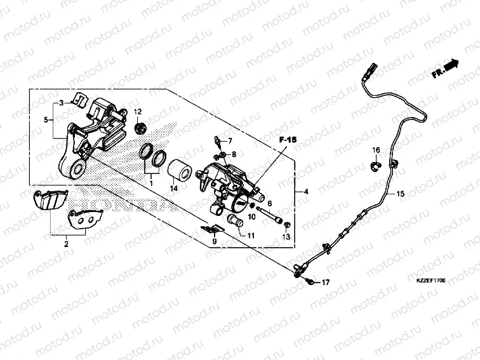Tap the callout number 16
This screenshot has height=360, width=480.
pyautogui.click(x=376, y=150)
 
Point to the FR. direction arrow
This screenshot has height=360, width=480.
pyautogui.click(x=445, y=68)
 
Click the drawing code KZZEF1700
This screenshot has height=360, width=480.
pyautogui.click(x=432, y=279)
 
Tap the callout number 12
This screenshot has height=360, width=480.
pyautogui.click(x=136, y=112)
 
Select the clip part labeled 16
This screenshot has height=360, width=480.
pyautogui.click(x=375, y=166)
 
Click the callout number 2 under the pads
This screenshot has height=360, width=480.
pyautogui.click(x=66, y=243)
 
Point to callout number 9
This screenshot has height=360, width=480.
pyautogui.click(x=214, y=241)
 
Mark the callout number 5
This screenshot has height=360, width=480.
pyautogui.click(x=46, y=119)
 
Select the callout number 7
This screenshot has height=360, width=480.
pyautogui.click(x=230, y=140)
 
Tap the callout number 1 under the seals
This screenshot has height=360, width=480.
pyautogui.click(x=151, y=183)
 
